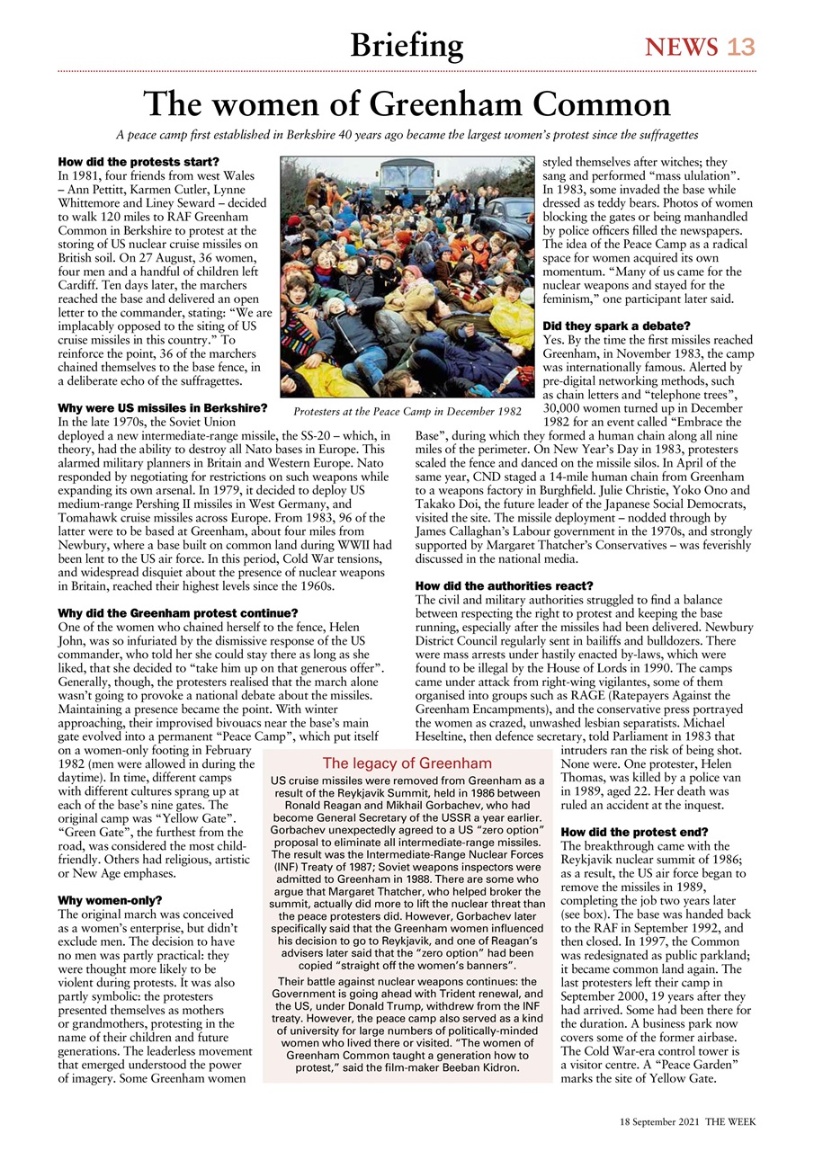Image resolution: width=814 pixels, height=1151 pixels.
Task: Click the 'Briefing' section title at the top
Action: [x=407, y=44]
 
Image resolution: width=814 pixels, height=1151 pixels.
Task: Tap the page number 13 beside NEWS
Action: [x=740, y=47]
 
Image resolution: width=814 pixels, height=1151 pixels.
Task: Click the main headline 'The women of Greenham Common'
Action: [x=407, y=104]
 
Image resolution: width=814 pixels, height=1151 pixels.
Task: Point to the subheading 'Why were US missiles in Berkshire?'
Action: [x=162, y=407]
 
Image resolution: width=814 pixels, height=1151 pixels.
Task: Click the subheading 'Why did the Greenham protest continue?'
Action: [x=177, y=613]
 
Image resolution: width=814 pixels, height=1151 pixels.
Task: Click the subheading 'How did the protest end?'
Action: [x=622, y=832]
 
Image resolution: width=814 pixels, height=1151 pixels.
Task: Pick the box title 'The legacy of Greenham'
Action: [x=407, y=763]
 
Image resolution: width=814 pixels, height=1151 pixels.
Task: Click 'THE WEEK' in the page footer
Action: [x=729, y=1123]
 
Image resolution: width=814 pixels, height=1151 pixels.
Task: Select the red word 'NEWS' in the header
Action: [x=681, y=47]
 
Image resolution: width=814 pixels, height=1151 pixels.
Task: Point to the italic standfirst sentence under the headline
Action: [x=407, y=135]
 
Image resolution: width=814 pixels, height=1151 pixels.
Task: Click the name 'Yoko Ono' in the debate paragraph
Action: [x=680, y=490]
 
